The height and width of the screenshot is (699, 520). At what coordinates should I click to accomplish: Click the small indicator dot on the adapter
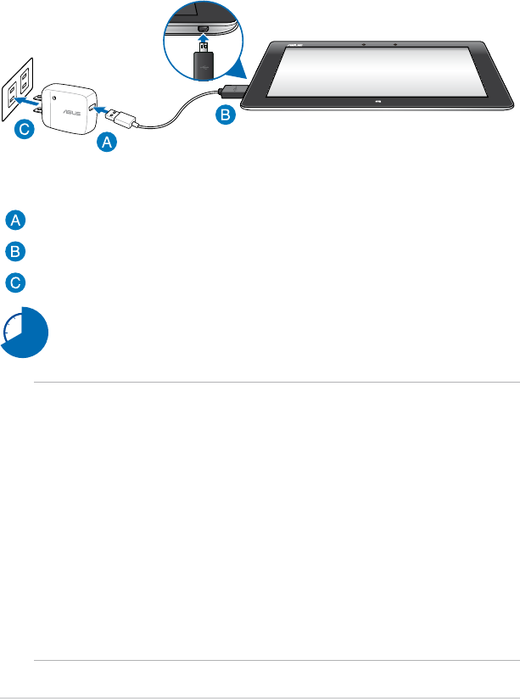(53, 98)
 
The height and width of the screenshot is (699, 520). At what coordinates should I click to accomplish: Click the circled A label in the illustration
(106, 143)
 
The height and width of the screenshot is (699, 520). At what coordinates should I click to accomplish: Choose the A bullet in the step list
(14, 221)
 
